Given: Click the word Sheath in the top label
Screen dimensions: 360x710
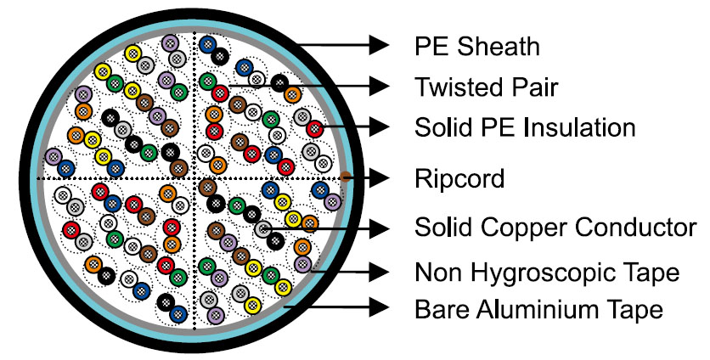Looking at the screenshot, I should click(496, 45).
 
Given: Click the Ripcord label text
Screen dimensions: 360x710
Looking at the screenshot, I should click(459, 178).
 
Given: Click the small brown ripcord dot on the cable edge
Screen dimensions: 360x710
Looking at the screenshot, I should click(346, 177).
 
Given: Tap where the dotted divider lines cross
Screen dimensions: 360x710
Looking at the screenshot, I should click(196, 178).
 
